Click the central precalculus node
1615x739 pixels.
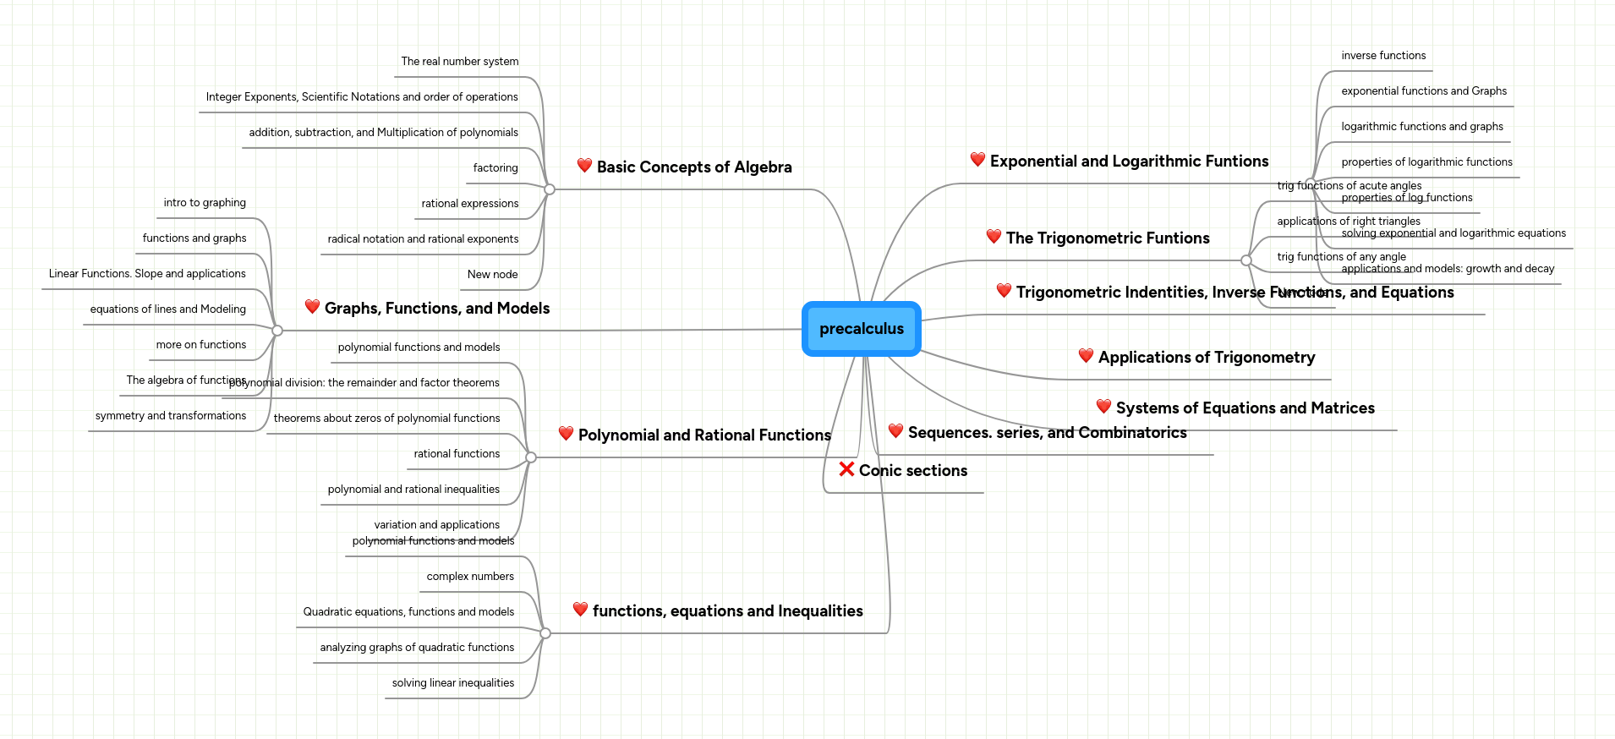(861, 329)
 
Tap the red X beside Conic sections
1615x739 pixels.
(846, 468)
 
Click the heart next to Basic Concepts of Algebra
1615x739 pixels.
(584, 165)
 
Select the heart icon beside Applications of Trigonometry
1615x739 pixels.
(1086, 355)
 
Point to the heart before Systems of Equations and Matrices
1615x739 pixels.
(1103, 406)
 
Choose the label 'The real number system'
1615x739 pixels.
(459, 62)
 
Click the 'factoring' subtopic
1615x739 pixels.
(495, 168)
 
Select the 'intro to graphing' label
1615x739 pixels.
(205, 203)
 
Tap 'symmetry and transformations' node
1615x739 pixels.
(171, 416)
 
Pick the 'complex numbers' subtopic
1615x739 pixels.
(470, 577)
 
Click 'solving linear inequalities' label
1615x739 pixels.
(452, 683)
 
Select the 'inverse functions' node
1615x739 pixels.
(1383, 56)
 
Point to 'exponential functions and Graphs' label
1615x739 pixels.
(1424, 91)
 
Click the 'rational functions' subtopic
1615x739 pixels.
(457, 454)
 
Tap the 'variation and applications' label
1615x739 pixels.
(436, 525)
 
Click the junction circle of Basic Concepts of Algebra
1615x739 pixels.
(550, 189)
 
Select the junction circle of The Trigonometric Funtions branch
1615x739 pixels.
(1245, 260)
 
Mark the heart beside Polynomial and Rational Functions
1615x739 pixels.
(566, 433)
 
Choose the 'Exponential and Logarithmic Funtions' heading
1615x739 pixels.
(1129, 161)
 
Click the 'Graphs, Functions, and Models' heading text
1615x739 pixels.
(437, 309)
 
